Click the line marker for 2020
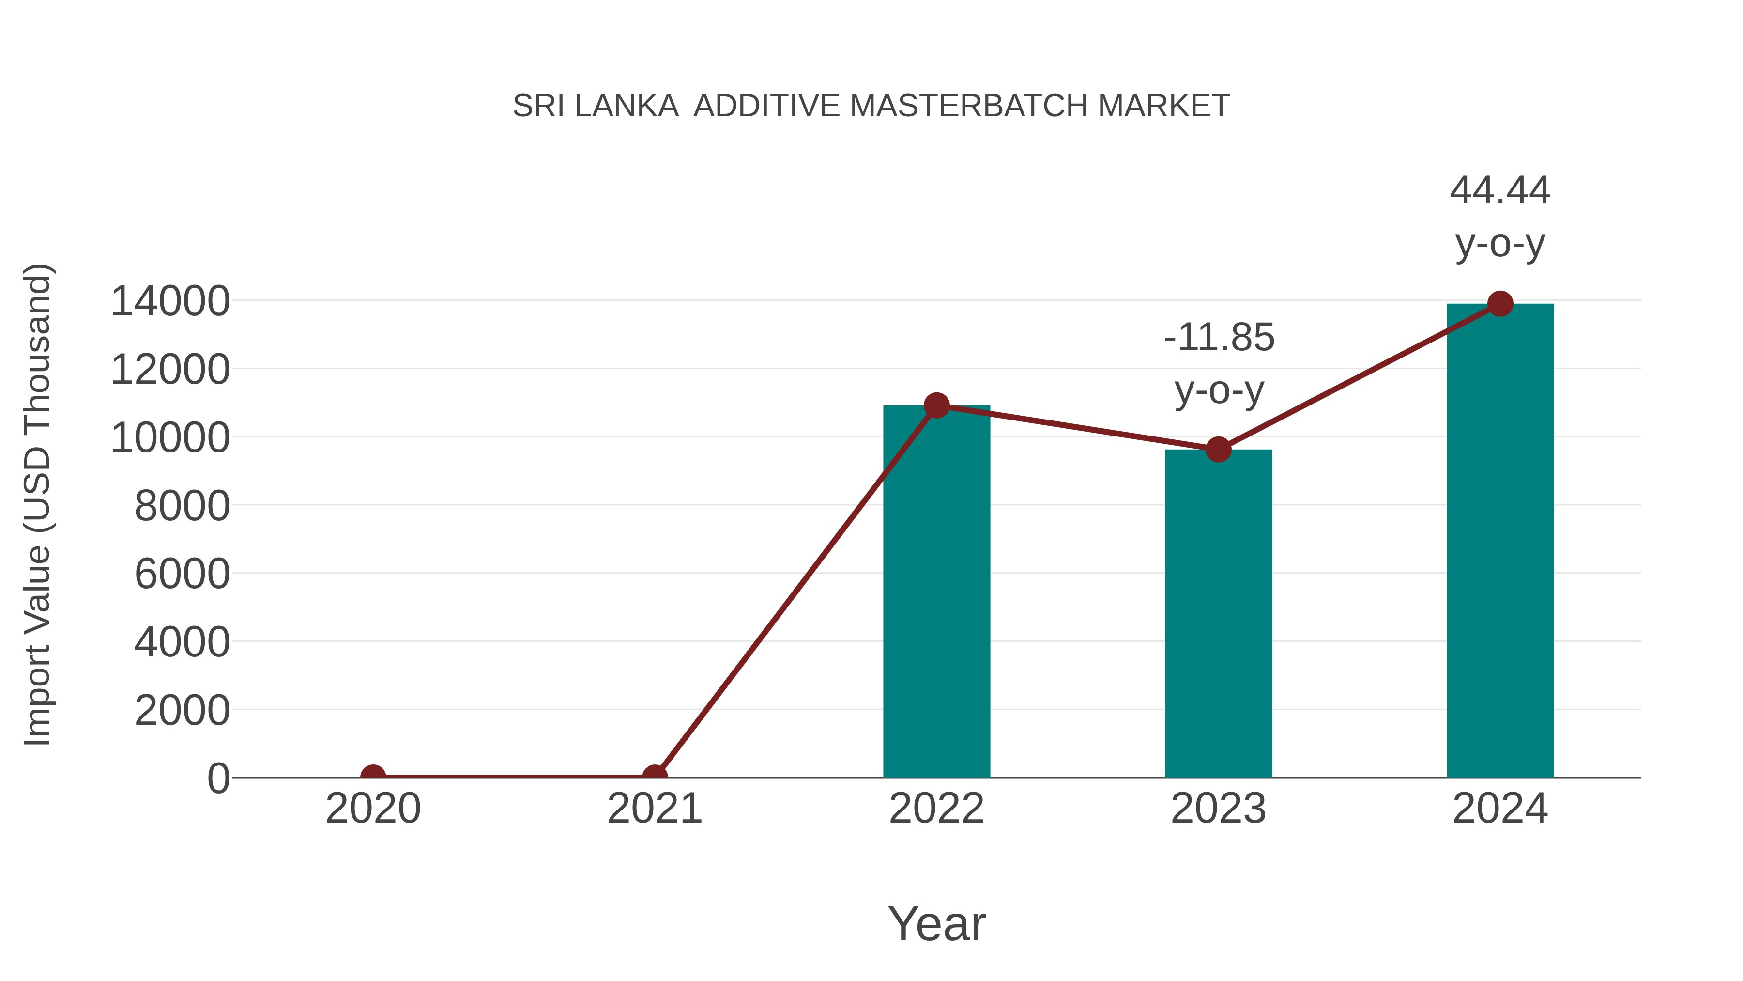pos(373,776)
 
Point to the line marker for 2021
pos(654,776)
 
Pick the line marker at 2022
pos(936,405)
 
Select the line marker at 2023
pos(1218,450)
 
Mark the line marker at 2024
pos(1500,304)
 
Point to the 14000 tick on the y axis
pos(170,301)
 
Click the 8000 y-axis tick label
pos(182,506)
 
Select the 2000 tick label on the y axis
pos(182,710)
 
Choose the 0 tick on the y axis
pos(218,779)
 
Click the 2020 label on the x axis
pos(373,809)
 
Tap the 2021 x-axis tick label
pos(654,809)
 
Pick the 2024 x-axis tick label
pos(1500,809)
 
